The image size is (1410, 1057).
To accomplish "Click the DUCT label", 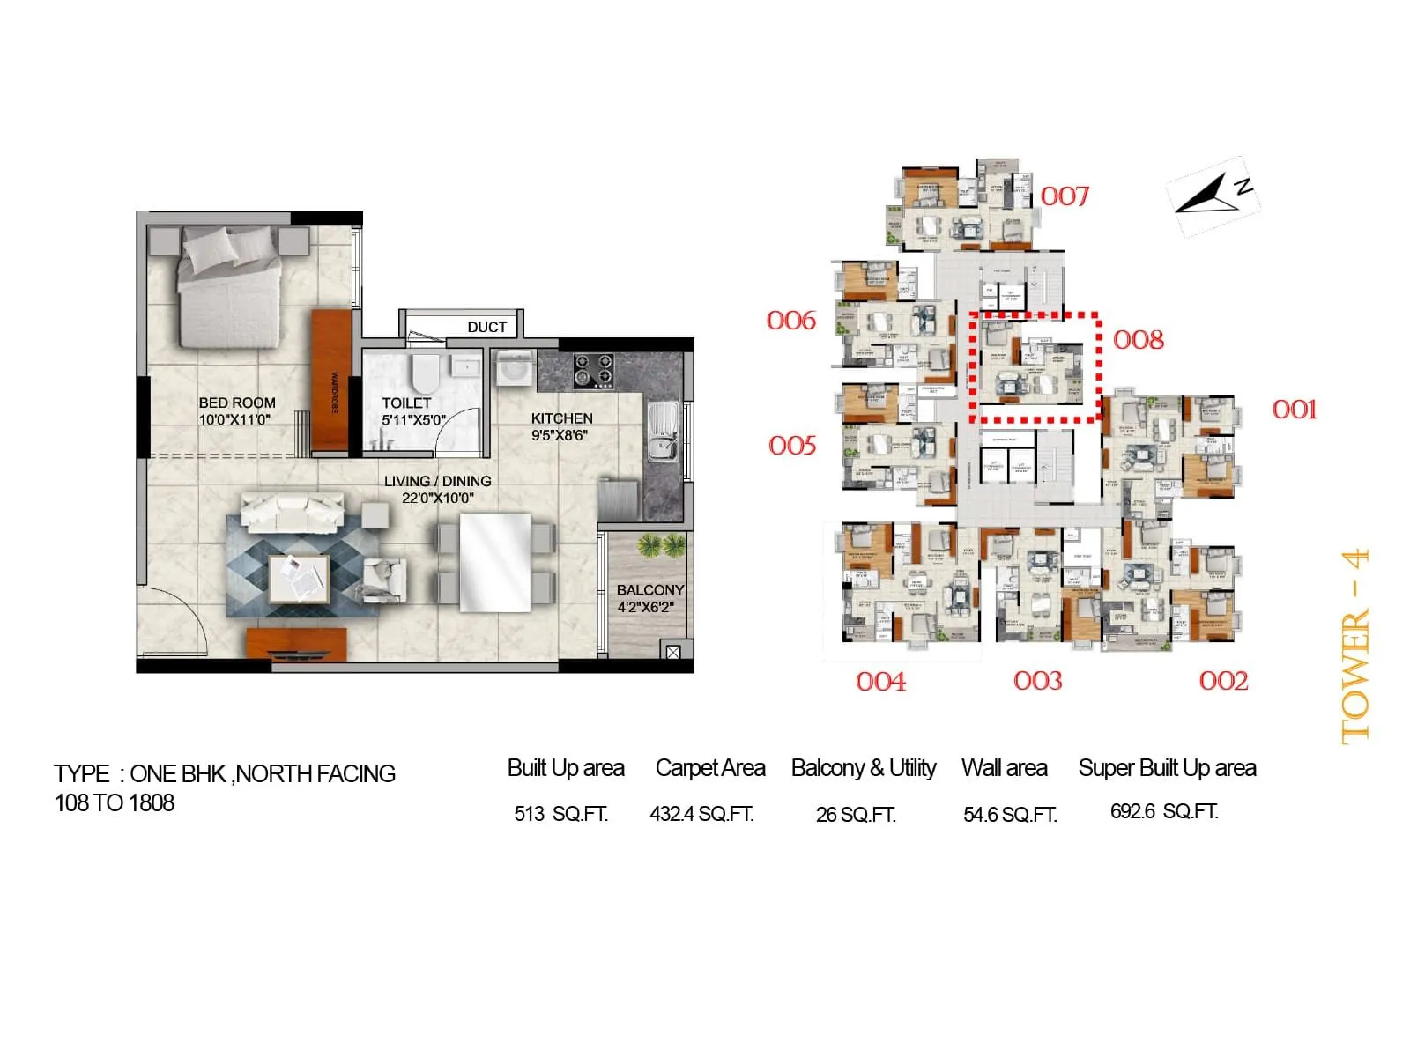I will click(x=486, y=328).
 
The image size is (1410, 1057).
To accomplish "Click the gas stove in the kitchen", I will click(x=593, y=371).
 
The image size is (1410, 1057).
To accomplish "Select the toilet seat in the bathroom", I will click(x=425, y=373).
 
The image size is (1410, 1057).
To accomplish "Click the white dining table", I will click(x=495, y=563).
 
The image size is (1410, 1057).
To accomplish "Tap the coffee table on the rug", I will click(x=299, y=579).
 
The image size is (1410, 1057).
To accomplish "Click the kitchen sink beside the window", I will click(x=662, y=431).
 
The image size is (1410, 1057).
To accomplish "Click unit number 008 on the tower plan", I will click(x=1138, y=340).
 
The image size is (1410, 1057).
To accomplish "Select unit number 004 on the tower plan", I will click(x=880, y=681).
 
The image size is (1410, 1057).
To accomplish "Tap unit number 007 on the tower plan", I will click(x=1065, y=196).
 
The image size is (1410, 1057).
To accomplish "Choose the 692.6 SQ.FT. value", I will click(x=1164, y=811).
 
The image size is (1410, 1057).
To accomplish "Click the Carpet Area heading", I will click(x=710, y=768).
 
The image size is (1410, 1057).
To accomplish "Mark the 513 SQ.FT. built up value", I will click(x=561, y=814).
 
